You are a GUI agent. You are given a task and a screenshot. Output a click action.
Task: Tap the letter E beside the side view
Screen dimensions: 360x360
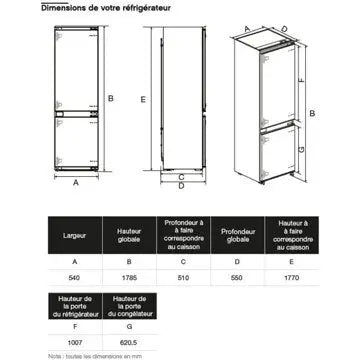(144, 99)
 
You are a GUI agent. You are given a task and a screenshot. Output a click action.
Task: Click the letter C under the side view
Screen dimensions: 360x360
(181, 176)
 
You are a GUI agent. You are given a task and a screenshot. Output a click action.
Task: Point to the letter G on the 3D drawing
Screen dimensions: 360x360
(314, 150)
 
